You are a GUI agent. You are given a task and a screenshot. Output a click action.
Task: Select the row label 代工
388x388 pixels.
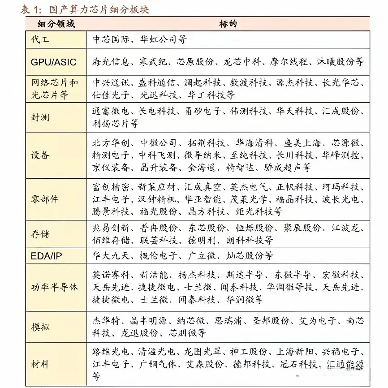pos(40,39)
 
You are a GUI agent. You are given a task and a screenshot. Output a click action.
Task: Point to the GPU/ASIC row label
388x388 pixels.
pos(54,62)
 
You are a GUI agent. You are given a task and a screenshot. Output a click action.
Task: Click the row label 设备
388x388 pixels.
pos(40,155)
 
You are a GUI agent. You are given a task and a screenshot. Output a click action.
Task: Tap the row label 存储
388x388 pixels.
pos(40,234)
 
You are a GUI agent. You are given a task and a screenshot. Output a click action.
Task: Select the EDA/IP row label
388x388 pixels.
pos(47,256)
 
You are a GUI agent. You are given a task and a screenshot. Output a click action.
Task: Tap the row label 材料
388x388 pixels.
pos(40,363)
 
